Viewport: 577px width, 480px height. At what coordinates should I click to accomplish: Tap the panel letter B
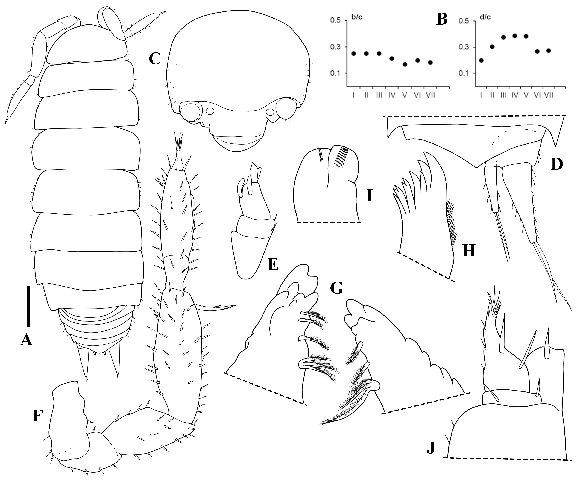442,19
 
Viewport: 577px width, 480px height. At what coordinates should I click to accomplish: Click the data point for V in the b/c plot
405,64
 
